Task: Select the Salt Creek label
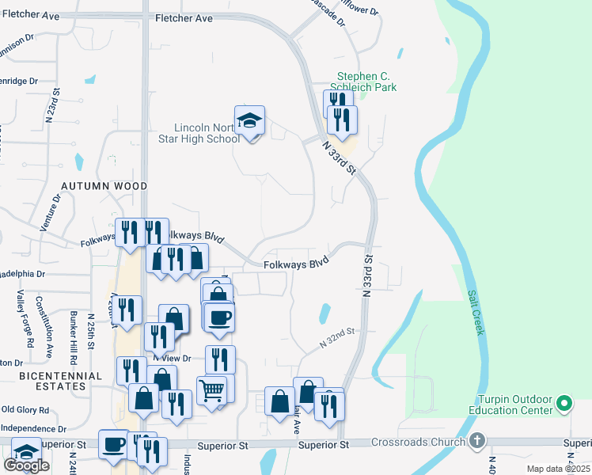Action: (x=475, y=312)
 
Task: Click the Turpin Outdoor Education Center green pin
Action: (x=564, y=405)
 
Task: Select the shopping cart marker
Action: (x=211, y=391)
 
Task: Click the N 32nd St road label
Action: (x=336, y=338)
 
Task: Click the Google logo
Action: (x=26, y=465)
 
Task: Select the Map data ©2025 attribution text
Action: (x=558, y=469)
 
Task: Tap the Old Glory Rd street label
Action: (x=25, y=410)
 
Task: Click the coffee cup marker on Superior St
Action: (x=113, y=443)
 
